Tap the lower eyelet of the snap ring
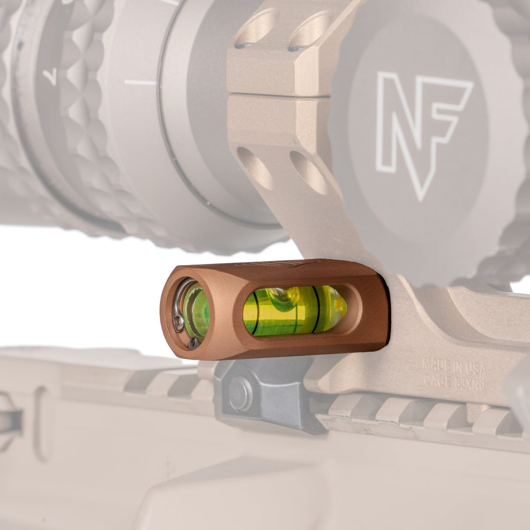193,344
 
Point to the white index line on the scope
140,82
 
